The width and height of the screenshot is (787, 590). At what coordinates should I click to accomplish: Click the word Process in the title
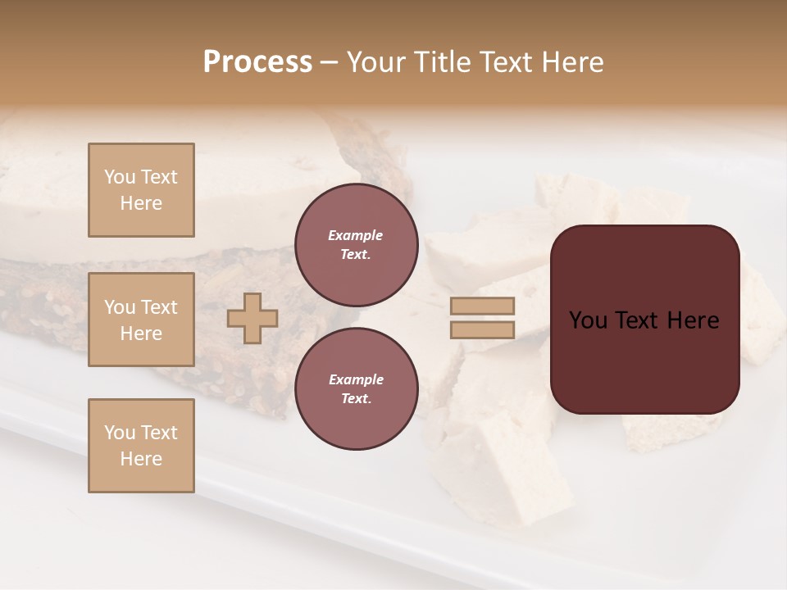point(257,62)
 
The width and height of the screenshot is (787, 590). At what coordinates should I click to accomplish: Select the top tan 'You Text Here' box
point(141,190)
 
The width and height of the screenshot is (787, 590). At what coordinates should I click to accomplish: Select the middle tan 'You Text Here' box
point(141,320)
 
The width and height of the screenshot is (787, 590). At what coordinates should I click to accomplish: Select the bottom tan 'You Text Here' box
point(141,446)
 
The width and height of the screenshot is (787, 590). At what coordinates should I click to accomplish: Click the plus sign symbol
point(252,319)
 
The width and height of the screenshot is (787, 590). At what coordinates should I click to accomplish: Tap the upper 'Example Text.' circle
point(356,245)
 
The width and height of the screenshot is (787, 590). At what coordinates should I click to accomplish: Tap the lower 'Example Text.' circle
point(356,389)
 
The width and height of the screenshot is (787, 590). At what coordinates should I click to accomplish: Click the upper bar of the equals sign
point(483,306)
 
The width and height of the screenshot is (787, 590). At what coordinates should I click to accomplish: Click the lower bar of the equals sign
point(483,330)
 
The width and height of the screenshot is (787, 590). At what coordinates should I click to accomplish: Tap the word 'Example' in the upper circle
point(356,236)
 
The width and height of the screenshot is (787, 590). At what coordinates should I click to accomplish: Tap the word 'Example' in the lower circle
point(356,380)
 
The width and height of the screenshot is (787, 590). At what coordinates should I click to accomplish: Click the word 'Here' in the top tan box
point(141,203)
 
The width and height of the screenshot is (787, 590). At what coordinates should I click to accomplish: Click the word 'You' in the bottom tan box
point(119,433)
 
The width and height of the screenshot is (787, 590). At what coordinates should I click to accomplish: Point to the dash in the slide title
point(329,63)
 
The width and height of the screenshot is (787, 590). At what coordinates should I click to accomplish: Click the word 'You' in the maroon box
point(588,320)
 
